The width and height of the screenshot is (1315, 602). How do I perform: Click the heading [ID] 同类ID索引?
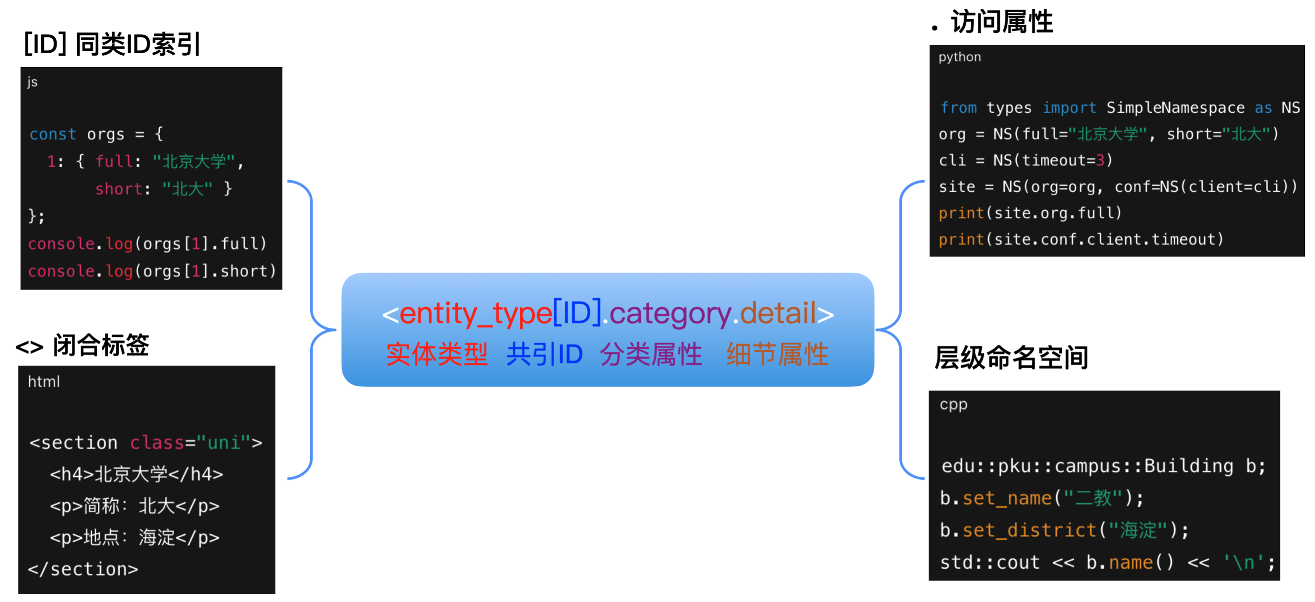click(x=112, y=44)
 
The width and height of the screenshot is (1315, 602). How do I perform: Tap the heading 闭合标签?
click(x=100, y=346)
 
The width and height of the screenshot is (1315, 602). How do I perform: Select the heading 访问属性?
click(x=1001, y=22)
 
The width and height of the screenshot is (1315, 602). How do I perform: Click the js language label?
click(x=32, y=82)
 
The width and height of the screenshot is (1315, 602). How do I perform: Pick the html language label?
click(x=44, y=381)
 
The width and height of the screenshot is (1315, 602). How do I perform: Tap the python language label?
click(x=959, y=57)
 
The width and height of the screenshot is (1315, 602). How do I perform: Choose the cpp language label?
click(x=953, y=405)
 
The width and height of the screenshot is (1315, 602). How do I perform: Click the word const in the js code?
click(x=53, y=134)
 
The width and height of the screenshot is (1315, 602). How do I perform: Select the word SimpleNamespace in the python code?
click(x=1175, y=108)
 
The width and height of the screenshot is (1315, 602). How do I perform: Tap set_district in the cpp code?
click(x=1029, y=530)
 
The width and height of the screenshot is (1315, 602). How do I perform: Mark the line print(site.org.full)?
click(x=1030, y=213)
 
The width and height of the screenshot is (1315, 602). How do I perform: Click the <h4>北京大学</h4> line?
click(x=136, y=474)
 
